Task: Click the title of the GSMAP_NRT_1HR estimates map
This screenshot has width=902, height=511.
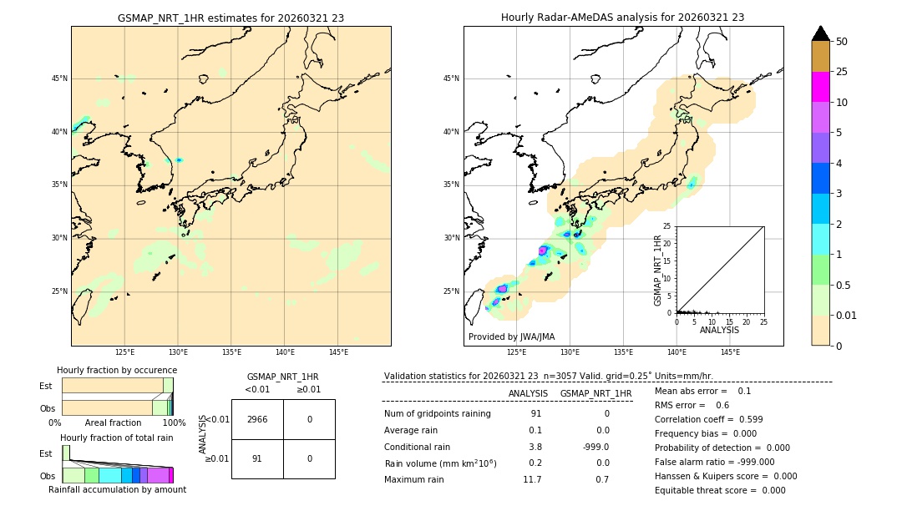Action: tap(231, 18)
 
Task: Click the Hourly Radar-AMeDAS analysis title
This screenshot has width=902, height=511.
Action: tap(623, 18)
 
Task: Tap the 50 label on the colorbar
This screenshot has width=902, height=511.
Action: tap(842, 41)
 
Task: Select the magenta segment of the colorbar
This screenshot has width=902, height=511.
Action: tap(820, 87)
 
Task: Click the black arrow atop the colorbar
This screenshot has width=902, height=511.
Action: tap(820, 33)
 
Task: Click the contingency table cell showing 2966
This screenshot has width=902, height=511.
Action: tap(256, 419)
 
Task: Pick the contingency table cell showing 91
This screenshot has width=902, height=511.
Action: tap(256, 458)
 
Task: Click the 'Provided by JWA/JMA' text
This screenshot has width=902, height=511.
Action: tap(511, 336)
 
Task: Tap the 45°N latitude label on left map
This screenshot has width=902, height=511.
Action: tap(59, 78)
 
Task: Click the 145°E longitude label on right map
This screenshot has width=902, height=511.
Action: tap(730, 352)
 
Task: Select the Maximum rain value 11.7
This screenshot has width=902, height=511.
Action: tap(532, 479)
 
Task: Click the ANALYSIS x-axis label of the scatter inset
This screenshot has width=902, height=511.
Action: tap(719, 330)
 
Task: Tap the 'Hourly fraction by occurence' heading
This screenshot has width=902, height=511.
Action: tap(117, 370)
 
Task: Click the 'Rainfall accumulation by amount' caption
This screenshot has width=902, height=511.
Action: tap(117, 489)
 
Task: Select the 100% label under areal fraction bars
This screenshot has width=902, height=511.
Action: tap(174, 422)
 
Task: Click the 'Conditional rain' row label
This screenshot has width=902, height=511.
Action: tap(417, 447)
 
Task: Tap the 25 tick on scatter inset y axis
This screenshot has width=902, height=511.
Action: tap(666, 226)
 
